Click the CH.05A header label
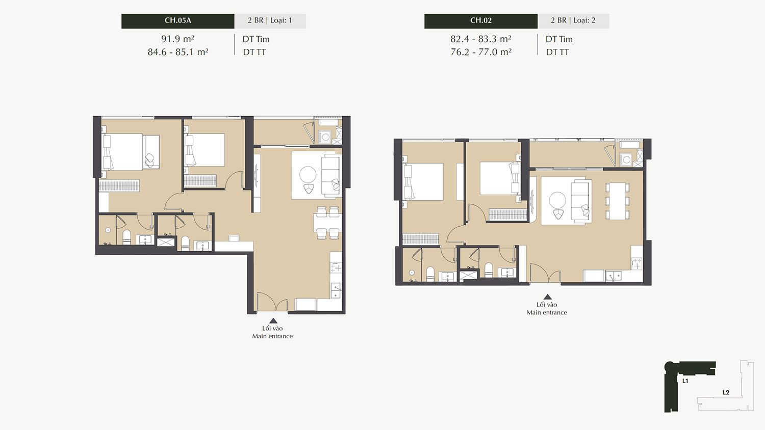tap(177, 20)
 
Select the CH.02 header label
tap(481, 20)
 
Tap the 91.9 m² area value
tap(177, 39)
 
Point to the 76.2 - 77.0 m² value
tap(481, 52)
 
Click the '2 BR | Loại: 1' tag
tap(270, 20)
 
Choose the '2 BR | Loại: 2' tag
tap(573, 20)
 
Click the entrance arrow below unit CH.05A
tap(273, 320)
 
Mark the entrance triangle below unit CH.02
tap(547, 297)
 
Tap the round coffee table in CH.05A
tap(308, 175)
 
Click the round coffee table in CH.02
tap(557, 201)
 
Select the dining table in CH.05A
tap(328, 223)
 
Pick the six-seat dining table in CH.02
tap(617, 201)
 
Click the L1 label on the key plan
tap(685, 381)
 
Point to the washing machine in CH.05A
tap(325, 137)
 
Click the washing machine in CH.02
tap(626, 159)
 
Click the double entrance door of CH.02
tap(545, 273)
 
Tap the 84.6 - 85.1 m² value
tap(178, 52)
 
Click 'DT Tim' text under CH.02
tap(559, 39)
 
